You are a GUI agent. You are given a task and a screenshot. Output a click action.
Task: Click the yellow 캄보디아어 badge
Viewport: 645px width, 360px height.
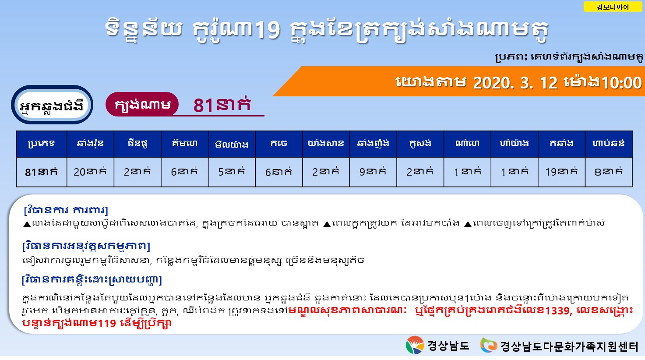click(x=613, y=7)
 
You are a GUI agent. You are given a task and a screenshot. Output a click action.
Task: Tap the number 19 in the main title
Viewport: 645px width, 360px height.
click(x=268, y=29)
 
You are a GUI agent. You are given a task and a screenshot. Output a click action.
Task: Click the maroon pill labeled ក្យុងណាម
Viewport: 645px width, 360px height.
click(x=142, y=104)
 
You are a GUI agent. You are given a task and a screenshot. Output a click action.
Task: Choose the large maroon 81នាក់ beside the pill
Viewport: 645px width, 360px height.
click(x=222, y=105)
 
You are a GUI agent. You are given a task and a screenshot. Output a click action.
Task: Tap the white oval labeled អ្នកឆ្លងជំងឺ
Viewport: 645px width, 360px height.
click(x=52, y=105)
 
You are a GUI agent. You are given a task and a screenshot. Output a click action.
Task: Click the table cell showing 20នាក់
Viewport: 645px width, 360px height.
click(x=90, y=172)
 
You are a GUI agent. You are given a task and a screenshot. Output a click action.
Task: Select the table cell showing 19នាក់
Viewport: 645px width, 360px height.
click(x=561, y=172)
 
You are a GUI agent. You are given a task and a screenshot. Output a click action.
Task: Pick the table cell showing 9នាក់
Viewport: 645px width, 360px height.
click(x=373, y=172)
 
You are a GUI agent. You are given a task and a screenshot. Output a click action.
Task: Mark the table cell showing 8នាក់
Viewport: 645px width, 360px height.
click(x=609, y=172)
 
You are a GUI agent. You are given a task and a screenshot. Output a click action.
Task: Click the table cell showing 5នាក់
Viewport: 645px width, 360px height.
click(x=232, y=172)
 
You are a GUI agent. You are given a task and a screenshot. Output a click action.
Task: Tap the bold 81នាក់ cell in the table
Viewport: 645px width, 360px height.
click(x=42, y=172)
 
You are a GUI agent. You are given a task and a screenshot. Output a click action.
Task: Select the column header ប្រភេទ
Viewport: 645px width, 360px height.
click(x=42, y=144)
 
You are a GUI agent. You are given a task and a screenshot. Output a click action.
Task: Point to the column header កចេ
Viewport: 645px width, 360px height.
click(x=279, y=144)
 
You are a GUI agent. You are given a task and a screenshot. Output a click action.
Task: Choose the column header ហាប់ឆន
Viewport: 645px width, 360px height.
click(x=609, y=144)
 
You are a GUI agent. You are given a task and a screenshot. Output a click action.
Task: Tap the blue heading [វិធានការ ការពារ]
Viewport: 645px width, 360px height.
click(x=66, y=210)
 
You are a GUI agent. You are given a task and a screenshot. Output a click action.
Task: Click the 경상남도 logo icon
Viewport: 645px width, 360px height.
click(x=415, y=345)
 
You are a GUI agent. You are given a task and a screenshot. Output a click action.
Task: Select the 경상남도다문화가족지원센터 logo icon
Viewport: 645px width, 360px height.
click(x=488, y=345)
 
